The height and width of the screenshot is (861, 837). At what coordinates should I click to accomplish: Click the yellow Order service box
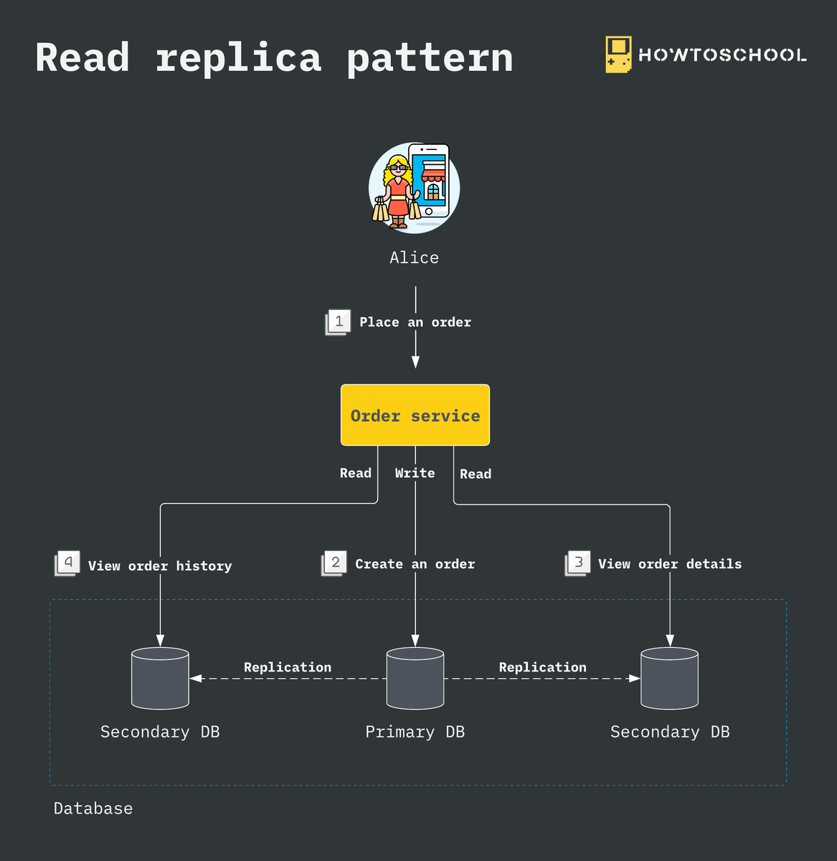pos(415,415)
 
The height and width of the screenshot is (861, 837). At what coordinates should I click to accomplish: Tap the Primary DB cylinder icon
pos(415,678)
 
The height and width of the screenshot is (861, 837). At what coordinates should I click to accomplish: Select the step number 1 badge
pos(339,321)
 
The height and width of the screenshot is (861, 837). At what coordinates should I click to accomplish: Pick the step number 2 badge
pos(335,563)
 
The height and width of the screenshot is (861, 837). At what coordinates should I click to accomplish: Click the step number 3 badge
pos(578,563)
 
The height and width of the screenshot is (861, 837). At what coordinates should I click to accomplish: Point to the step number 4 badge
pos(68,563)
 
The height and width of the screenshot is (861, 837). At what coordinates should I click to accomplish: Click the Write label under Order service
pos(415,473)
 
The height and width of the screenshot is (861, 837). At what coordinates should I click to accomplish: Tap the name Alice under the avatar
pos(414,258)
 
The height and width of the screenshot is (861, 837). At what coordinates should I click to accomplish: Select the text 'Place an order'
pos(415,322)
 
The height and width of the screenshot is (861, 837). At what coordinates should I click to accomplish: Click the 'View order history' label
pos(160,566)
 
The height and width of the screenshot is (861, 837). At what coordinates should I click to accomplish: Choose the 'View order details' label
pos(670,564)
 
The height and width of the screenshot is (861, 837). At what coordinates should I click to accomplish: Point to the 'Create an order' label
pos(415,564)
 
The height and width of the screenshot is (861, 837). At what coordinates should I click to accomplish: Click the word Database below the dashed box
pos(93,809)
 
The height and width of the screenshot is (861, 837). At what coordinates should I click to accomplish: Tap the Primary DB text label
pos(415,732)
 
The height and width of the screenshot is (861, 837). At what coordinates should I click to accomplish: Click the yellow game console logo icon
pos(618,55)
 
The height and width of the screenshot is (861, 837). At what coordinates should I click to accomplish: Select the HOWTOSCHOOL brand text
pos(722,55)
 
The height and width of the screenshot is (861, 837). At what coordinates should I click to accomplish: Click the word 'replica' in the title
pos(238,57)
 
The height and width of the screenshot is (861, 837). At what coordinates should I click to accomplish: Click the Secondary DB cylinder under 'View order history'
pos(160,678)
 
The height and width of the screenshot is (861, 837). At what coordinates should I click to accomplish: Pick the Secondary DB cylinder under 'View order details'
pos(669,678)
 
